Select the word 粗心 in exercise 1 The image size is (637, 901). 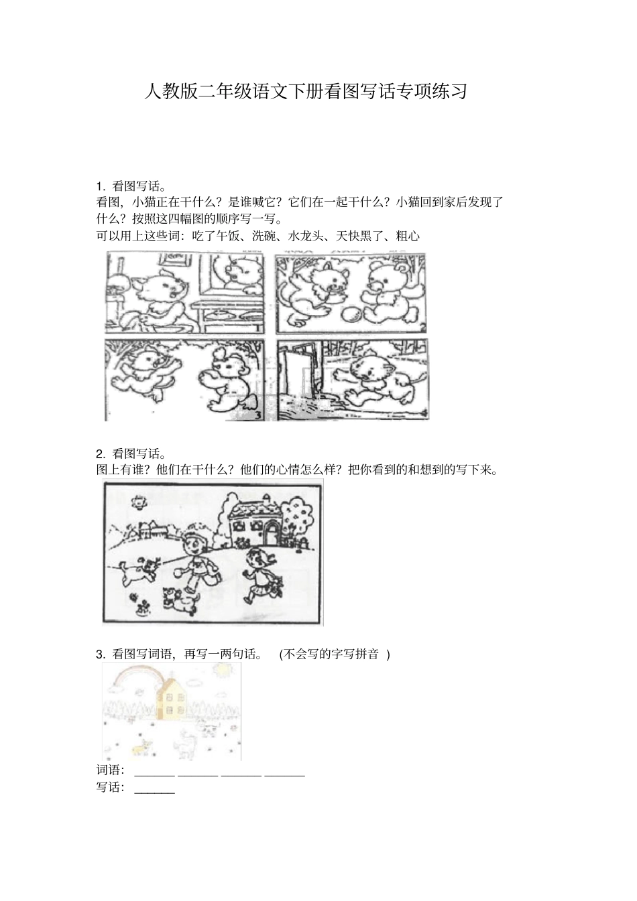coord(408,236)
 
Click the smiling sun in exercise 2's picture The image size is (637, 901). coord(139,500)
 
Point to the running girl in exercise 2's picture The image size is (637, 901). coord(259,573)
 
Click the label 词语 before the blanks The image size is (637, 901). coord(109,770)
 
